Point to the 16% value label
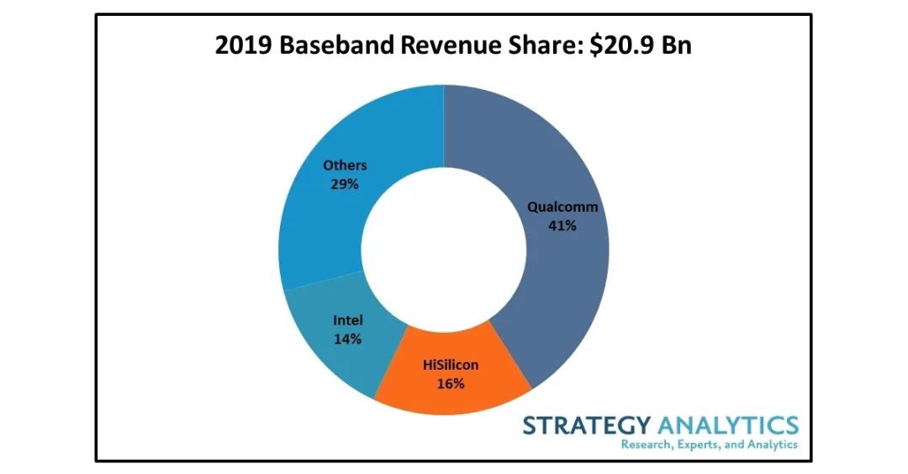click(451, 384)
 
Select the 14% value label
click(347, 340)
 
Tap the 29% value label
click(344, 184)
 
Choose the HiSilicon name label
click(451, 366)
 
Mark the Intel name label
click(348, 321)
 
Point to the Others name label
click(345, 166)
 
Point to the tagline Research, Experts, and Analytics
click(709, 445)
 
